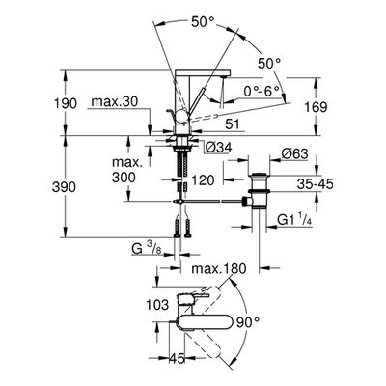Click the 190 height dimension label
tap(65, 103)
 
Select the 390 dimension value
tap(65, 187)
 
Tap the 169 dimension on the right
tap(316, 107)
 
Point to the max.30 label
tap(115, 102)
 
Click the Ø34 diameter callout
tap(218, 148)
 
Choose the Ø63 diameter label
tap(294, 153)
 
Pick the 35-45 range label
tap(315, 184)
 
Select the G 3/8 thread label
tap(147, 249)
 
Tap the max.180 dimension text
tap(218, 268)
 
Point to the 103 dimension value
tap(157, 304)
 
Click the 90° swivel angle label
tap(247, 322)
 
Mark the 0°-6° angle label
tap(262, 92)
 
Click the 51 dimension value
tap(233, 124)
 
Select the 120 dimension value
tap(203, 180)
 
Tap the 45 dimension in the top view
tap(178, 358)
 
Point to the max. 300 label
tap(127, 169)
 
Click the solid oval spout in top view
tap(204, 322)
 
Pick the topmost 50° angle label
tap(203, 22)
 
